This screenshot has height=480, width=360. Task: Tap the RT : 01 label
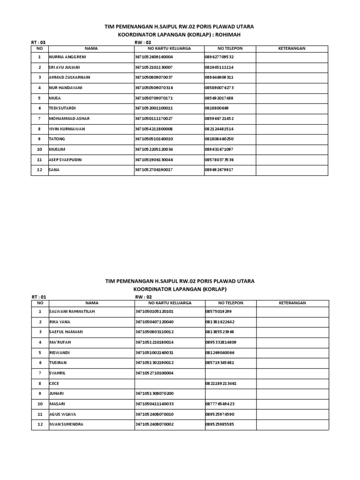[x=38, y=297]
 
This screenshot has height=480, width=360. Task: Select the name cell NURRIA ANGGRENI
[x=67, y=57]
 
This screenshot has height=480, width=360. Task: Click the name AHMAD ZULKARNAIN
[x=69, y=77]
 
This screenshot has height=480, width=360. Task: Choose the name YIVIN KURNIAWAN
[x=67, y=129]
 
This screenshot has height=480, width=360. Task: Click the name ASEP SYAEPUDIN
[x=65, y=160]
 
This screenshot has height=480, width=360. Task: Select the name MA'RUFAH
[x=60, y=342]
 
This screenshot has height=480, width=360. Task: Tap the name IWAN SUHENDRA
[x=67, y=425]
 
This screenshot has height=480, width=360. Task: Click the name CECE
[x=54, y=383]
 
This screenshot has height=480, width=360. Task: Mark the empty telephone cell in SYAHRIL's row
[x=230, y=373]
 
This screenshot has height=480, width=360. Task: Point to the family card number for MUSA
[x=154, y=98]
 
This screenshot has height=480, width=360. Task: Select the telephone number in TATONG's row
[x=219, y=139]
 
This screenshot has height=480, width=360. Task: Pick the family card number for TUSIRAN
[x=154, y=363]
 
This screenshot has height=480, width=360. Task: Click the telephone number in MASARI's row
[x=219, y=404]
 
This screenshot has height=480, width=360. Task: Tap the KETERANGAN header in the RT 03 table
[x=292, y=48]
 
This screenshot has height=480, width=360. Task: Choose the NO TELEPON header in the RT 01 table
[x=231, y=303]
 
